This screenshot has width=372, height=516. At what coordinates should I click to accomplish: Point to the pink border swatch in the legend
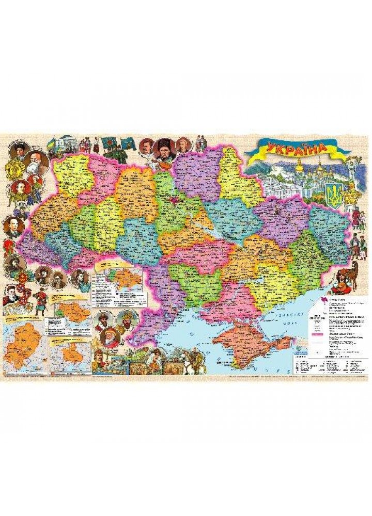click(x=320, y=335)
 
